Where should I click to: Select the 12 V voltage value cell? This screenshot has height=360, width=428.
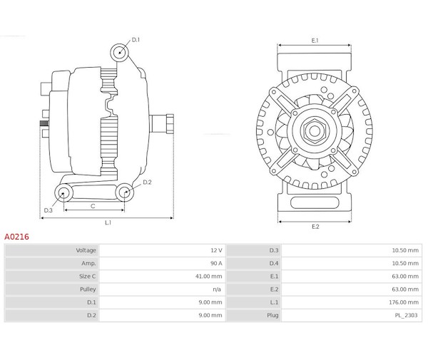coord(215,250)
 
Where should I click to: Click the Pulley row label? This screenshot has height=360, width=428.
coord(88,289)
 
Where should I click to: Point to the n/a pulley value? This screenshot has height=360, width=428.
coord(217,289)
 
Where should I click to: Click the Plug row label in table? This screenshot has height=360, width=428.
coord(273,315)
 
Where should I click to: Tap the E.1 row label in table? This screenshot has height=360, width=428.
coord(274,276)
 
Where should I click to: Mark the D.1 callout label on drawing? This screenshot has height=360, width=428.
coord(136,39)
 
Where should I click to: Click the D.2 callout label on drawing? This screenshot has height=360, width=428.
coord(147,182)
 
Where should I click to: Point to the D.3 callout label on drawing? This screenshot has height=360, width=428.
coord(49,210)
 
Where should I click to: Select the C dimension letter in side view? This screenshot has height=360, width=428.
coord(93,205)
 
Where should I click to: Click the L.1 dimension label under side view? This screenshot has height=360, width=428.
coord(108,223)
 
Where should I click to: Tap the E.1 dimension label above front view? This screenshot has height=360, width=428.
coord(315,41)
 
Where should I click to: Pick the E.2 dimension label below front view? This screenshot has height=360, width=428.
coord(315,227)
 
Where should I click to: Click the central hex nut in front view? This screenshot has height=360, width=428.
coord(314,130)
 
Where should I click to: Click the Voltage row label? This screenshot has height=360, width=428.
coord(86,250)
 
